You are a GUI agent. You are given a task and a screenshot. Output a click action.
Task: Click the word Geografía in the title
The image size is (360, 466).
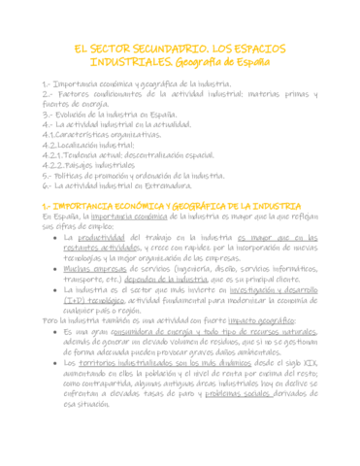[209, 63]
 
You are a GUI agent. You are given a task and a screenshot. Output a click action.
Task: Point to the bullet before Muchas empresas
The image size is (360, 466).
[67, 268]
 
